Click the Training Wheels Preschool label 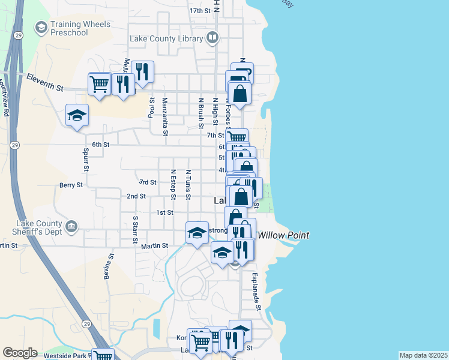tap(80, 28)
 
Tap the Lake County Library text tap(167, 39)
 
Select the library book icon tap(212, 39)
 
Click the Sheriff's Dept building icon tap(71, 226)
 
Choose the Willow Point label tap(283, 235)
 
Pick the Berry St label tap(70, 185)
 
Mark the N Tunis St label tap(188, 184)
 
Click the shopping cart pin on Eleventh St tap(99, 83)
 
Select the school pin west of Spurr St tap(77, 115)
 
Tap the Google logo tap(20, 353)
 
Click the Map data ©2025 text tap(423, 355)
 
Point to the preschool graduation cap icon tap(41, 27)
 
